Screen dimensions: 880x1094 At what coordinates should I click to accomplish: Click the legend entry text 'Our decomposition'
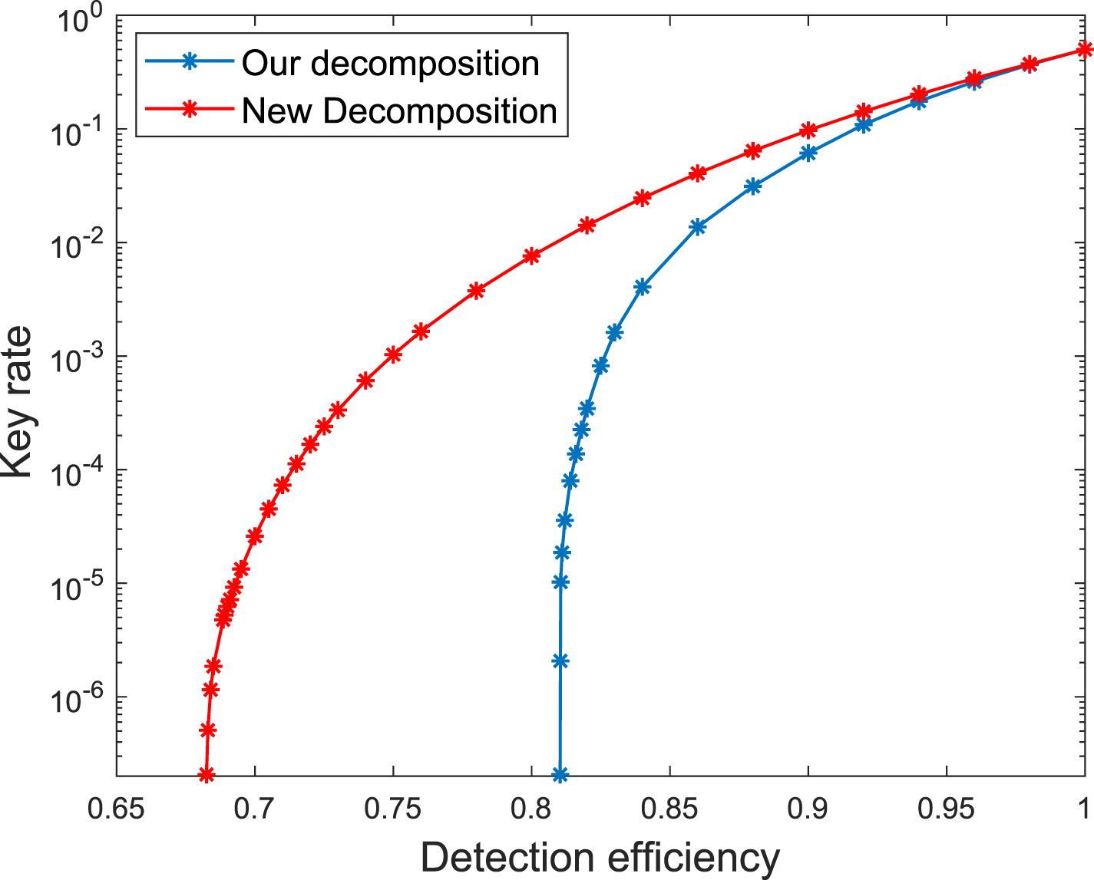[390, 64]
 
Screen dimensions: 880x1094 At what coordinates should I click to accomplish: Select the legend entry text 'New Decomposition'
[399, 111]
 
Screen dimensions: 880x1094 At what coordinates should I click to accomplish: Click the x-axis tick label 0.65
[117, 809]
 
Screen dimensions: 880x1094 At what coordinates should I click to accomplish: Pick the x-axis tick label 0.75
[393, 809]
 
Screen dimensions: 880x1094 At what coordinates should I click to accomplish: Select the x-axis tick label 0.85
[669, 809]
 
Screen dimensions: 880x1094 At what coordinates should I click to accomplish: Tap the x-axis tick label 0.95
[946, 809]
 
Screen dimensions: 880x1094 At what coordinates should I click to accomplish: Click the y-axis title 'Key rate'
[18, 402]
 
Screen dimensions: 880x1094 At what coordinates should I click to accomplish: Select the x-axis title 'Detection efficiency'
[600, 857]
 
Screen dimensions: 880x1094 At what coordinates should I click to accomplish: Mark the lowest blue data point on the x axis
[560, 775]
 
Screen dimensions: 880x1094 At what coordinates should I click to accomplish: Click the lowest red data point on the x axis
[206, 775]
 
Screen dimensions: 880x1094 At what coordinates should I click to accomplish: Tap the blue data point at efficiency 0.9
[808, 153]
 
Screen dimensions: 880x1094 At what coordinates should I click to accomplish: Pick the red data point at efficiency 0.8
[531, 256]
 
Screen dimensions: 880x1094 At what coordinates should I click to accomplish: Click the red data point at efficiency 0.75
[393, 354]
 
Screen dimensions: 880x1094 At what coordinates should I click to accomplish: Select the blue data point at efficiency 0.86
[697, 226]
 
